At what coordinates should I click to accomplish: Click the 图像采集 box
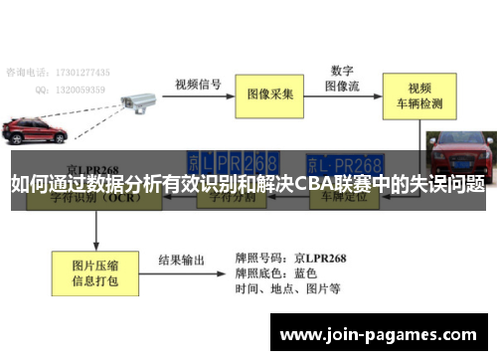point(270,94)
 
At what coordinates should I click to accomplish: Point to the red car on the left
point(33,130)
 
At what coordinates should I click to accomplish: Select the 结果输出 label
point(183,261)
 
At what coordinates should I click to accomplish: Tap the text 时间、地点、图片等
point(288,289)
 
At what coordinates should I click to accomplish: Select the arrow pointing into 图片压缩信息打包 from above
point(95,230)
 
